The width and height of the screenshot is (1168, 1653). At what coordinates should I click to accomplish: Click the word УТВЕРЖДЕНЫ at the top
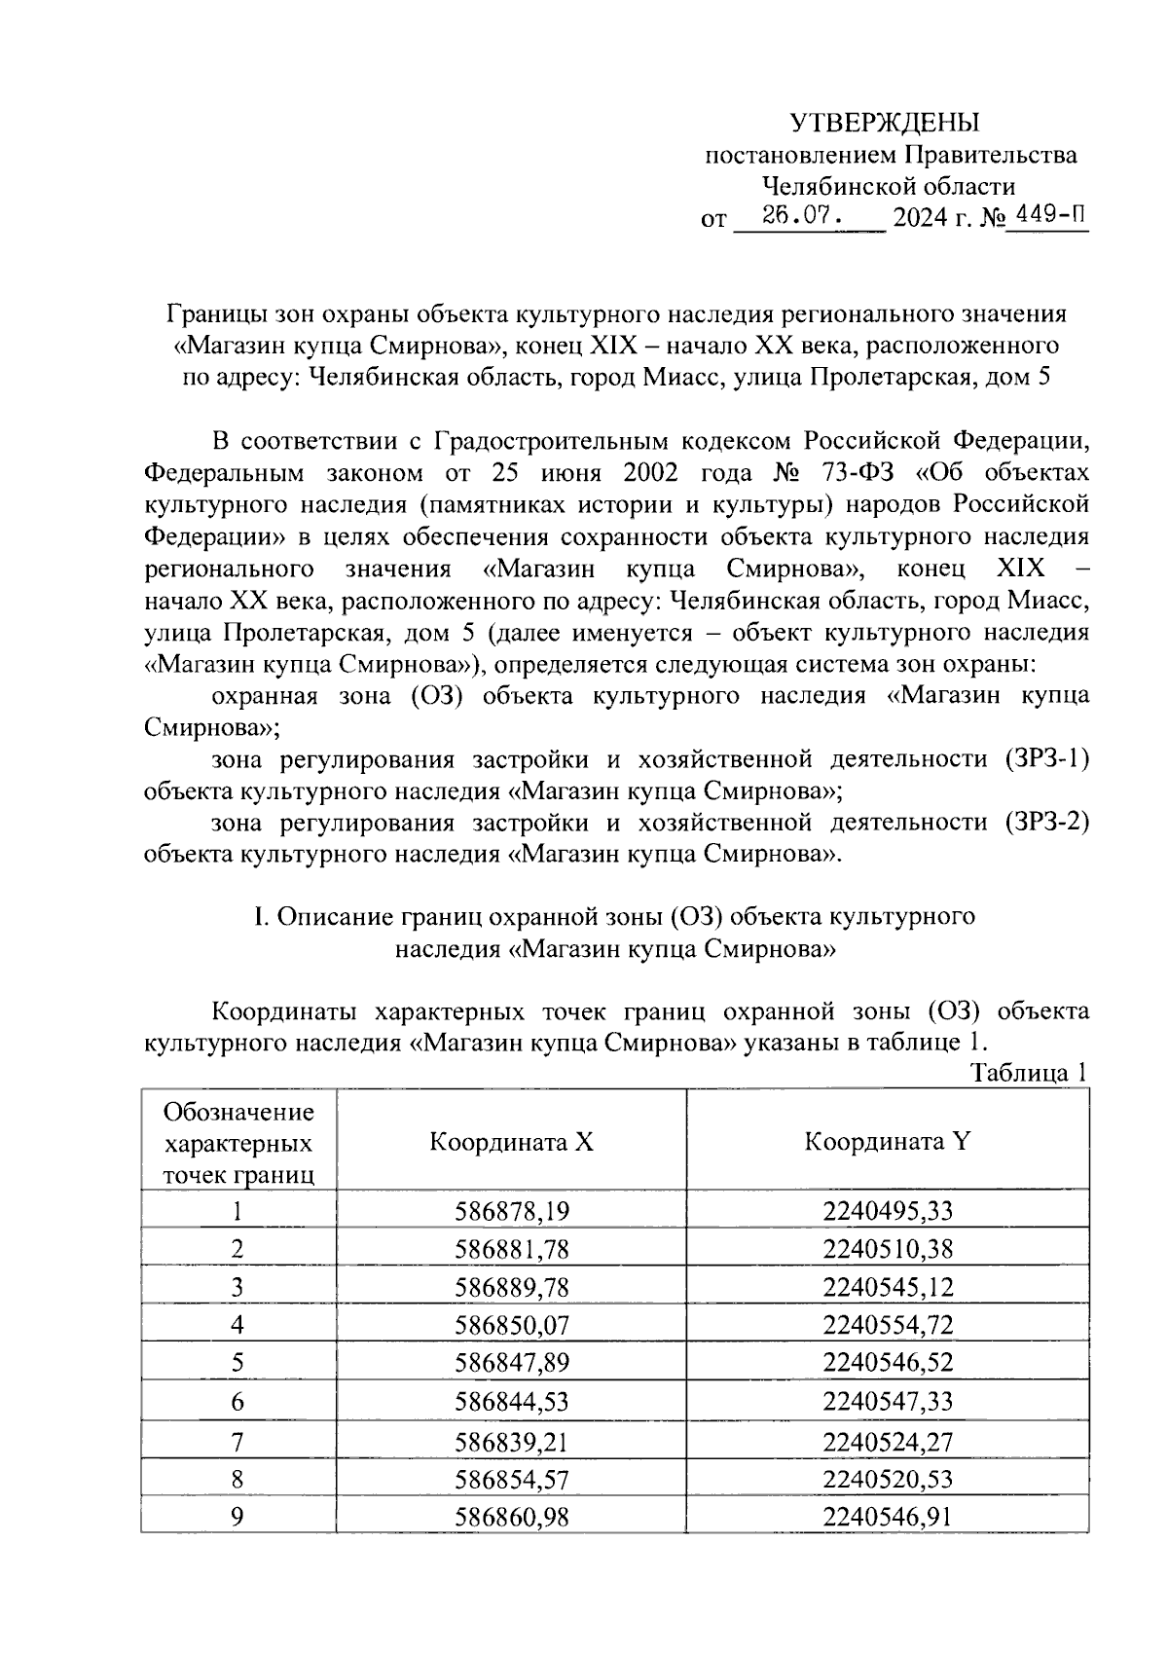pos(884,123)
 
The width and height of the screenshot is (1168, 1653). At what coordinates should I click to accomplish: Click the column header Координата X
pos(511,1142)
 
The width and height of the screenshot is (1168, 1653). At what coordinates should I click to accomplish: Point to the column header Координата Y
pos(887,1142)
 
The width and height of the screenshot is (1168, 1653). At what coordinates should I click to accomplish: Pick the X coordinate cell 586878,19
pos(511,1211)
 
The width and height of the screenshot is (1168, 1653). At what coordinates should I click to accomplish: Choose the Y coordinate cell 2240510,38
pos(887,1249)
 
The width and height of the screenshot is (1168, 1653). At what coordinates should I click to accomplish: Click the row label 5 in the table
pos(237,1363)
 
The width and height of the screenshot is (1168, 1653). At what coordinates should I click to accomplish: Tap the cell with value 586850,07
pos(511,1325)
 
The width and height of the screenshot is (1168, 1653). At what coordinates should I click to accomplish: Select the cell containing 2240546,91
pos(887,1516)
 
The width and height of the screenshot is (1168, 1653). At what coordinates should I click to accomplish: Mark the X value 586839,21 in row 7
pos(511,1440)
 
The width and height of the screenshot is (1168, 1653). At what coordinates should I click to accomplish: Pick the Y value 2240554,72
pos(887,1325)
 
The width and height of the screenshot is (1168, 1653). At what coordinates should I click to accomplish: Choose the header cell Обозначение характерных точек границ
pos(238,1142)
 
